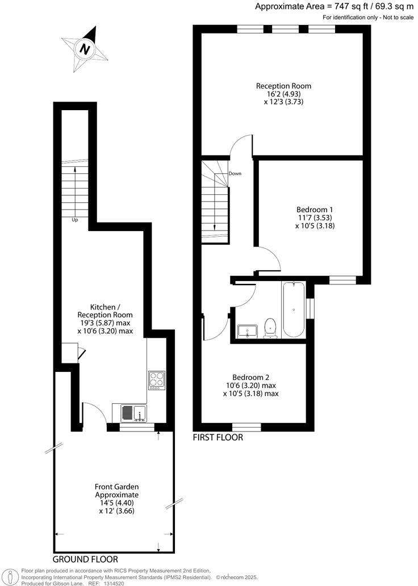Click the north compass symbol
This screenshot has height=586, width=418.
tap(86, 49)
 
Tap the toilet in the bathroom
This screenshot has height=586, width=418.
tap(271, 329)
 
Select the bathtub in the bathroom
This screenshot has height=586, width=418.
tap(294, 310)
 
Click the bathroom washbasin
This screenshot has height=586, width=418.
tap(248, 331)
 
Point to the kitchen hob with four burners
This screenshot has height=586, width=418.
tap(157, 379)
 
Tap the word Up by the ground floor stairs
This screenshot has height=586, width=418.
tap(74, 220)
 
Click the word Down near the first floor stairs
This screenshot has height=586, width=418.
tap(235, 173)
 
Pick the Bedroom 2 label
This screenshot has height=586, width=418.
tap(250, 377)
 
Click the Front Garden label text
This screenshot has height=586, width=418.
tap(116, 487)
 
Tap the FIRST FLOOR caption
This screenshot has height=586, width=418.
tap(218, 437)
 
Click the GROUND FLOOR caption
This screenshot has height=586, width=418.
tap(86, 559)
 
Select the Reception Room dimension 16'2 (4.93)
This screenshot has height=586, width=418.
tap(283, 94)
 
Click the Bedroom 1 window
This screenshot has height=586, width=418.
tap(342, 279)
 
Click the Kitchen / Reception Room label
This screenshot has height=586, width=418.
tap(104, 314)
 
